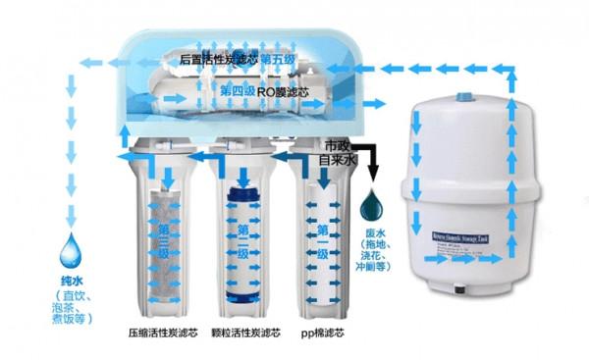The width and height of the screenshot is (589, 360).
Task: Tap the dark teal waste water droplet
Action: coord(374,205)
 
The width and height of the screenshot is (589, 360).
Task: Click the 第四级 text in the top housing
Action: coord(239,91)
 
